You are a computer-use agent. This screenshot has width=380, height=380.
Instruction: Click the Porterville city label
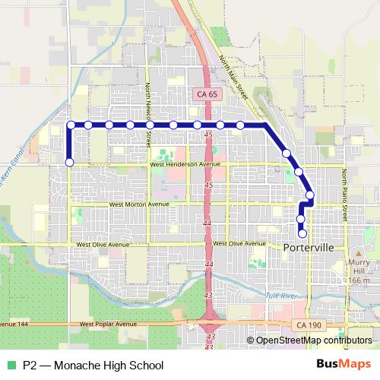[x=313, y=249]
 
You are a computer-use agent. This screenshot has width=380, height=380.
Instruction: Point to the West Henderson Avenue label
[x=185, y=164]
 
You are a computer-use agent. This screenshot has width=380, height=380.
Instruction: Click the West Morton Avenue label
[x=139, y=204]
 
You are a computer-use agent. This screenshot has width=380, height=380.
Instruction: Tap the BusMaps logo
[x=344, y=364]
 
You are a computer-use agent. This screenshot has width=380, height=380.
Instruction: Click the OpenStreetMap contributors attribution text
[x=314, y=340]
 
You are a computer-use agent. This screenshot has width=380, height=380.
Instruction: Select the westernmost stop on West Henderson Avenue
[x=70, y=162]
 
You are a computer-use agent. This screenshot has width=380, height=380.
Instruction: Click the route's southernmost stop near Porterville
[x=302, y=234]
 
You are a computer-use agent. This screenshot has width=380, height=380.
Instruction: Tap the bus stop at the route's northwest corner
[x=71, y=125]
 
